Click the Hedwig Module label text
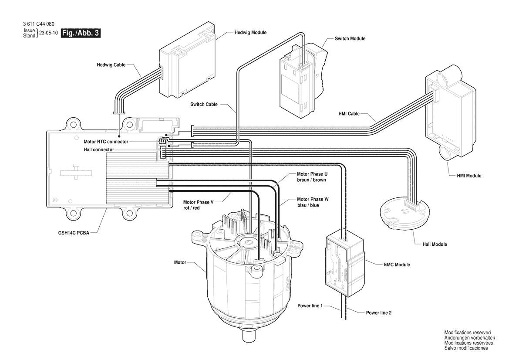point(250,33)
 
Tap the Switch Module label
point(350,39)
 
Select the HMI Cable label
point(349,114)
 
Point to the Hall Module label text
point(435,244)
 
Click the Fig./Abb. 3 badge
point(81,33)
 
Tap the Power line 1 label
point(310,306)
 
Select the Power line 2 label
point(379,312)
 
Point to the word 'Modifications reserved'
point(467,332)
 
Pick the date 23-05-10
point(48,33)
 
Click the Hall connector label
point(99,149)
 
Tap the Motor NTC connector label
point(106,142)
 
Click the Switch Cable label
point(204,105)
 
